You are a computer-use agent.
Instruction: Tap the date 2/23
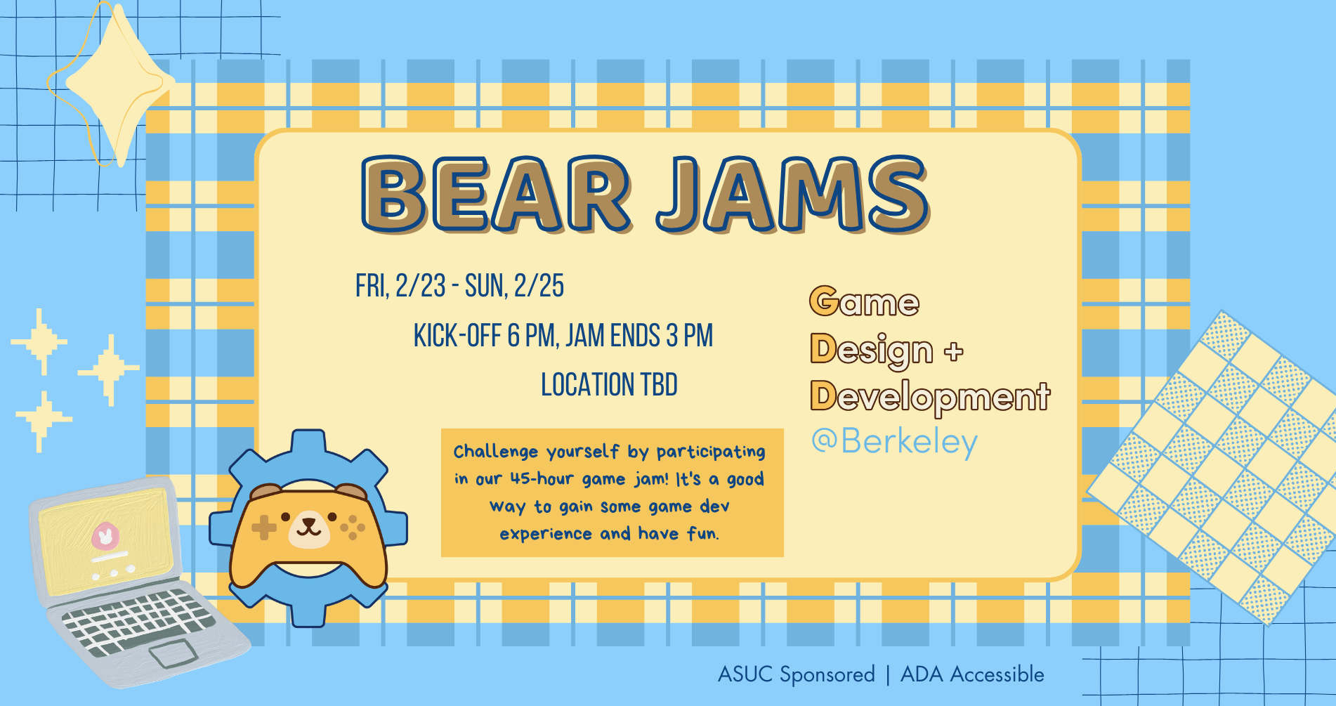click(x=420, y=286)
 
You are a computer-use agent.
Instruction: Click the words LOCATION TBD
click(x=609, y=385)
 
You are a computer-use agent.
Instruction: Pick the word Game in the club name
click(x=864, y=302)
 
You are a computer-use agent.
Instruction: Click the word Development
click(x=930, y=396)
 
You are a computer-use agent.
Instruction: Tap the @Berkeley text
click(x=894, y=442)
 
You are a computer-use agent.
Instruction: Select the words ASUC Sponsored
click(x=796, y=674)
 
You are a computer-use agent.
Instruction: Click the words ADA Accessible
click(x=972, y=674)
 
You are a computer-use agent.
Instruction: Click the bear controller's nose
click(x=308, y=523)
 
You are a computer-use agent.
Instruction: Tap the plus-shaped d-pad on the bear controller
click(x=264, y=527)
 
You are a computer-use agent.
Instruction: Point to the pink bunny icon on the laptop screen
click(x=105, y=537)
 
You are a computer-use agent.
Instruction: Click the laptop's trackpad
click(x=173, y=653)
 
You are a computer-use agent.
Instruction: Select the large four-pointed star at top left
click(x=116, y=84)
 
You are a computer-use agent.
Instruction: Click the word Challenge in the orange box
click(x=496, y=452)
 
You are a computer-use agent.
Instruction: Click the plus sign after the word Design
click(x=953, y=351)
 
